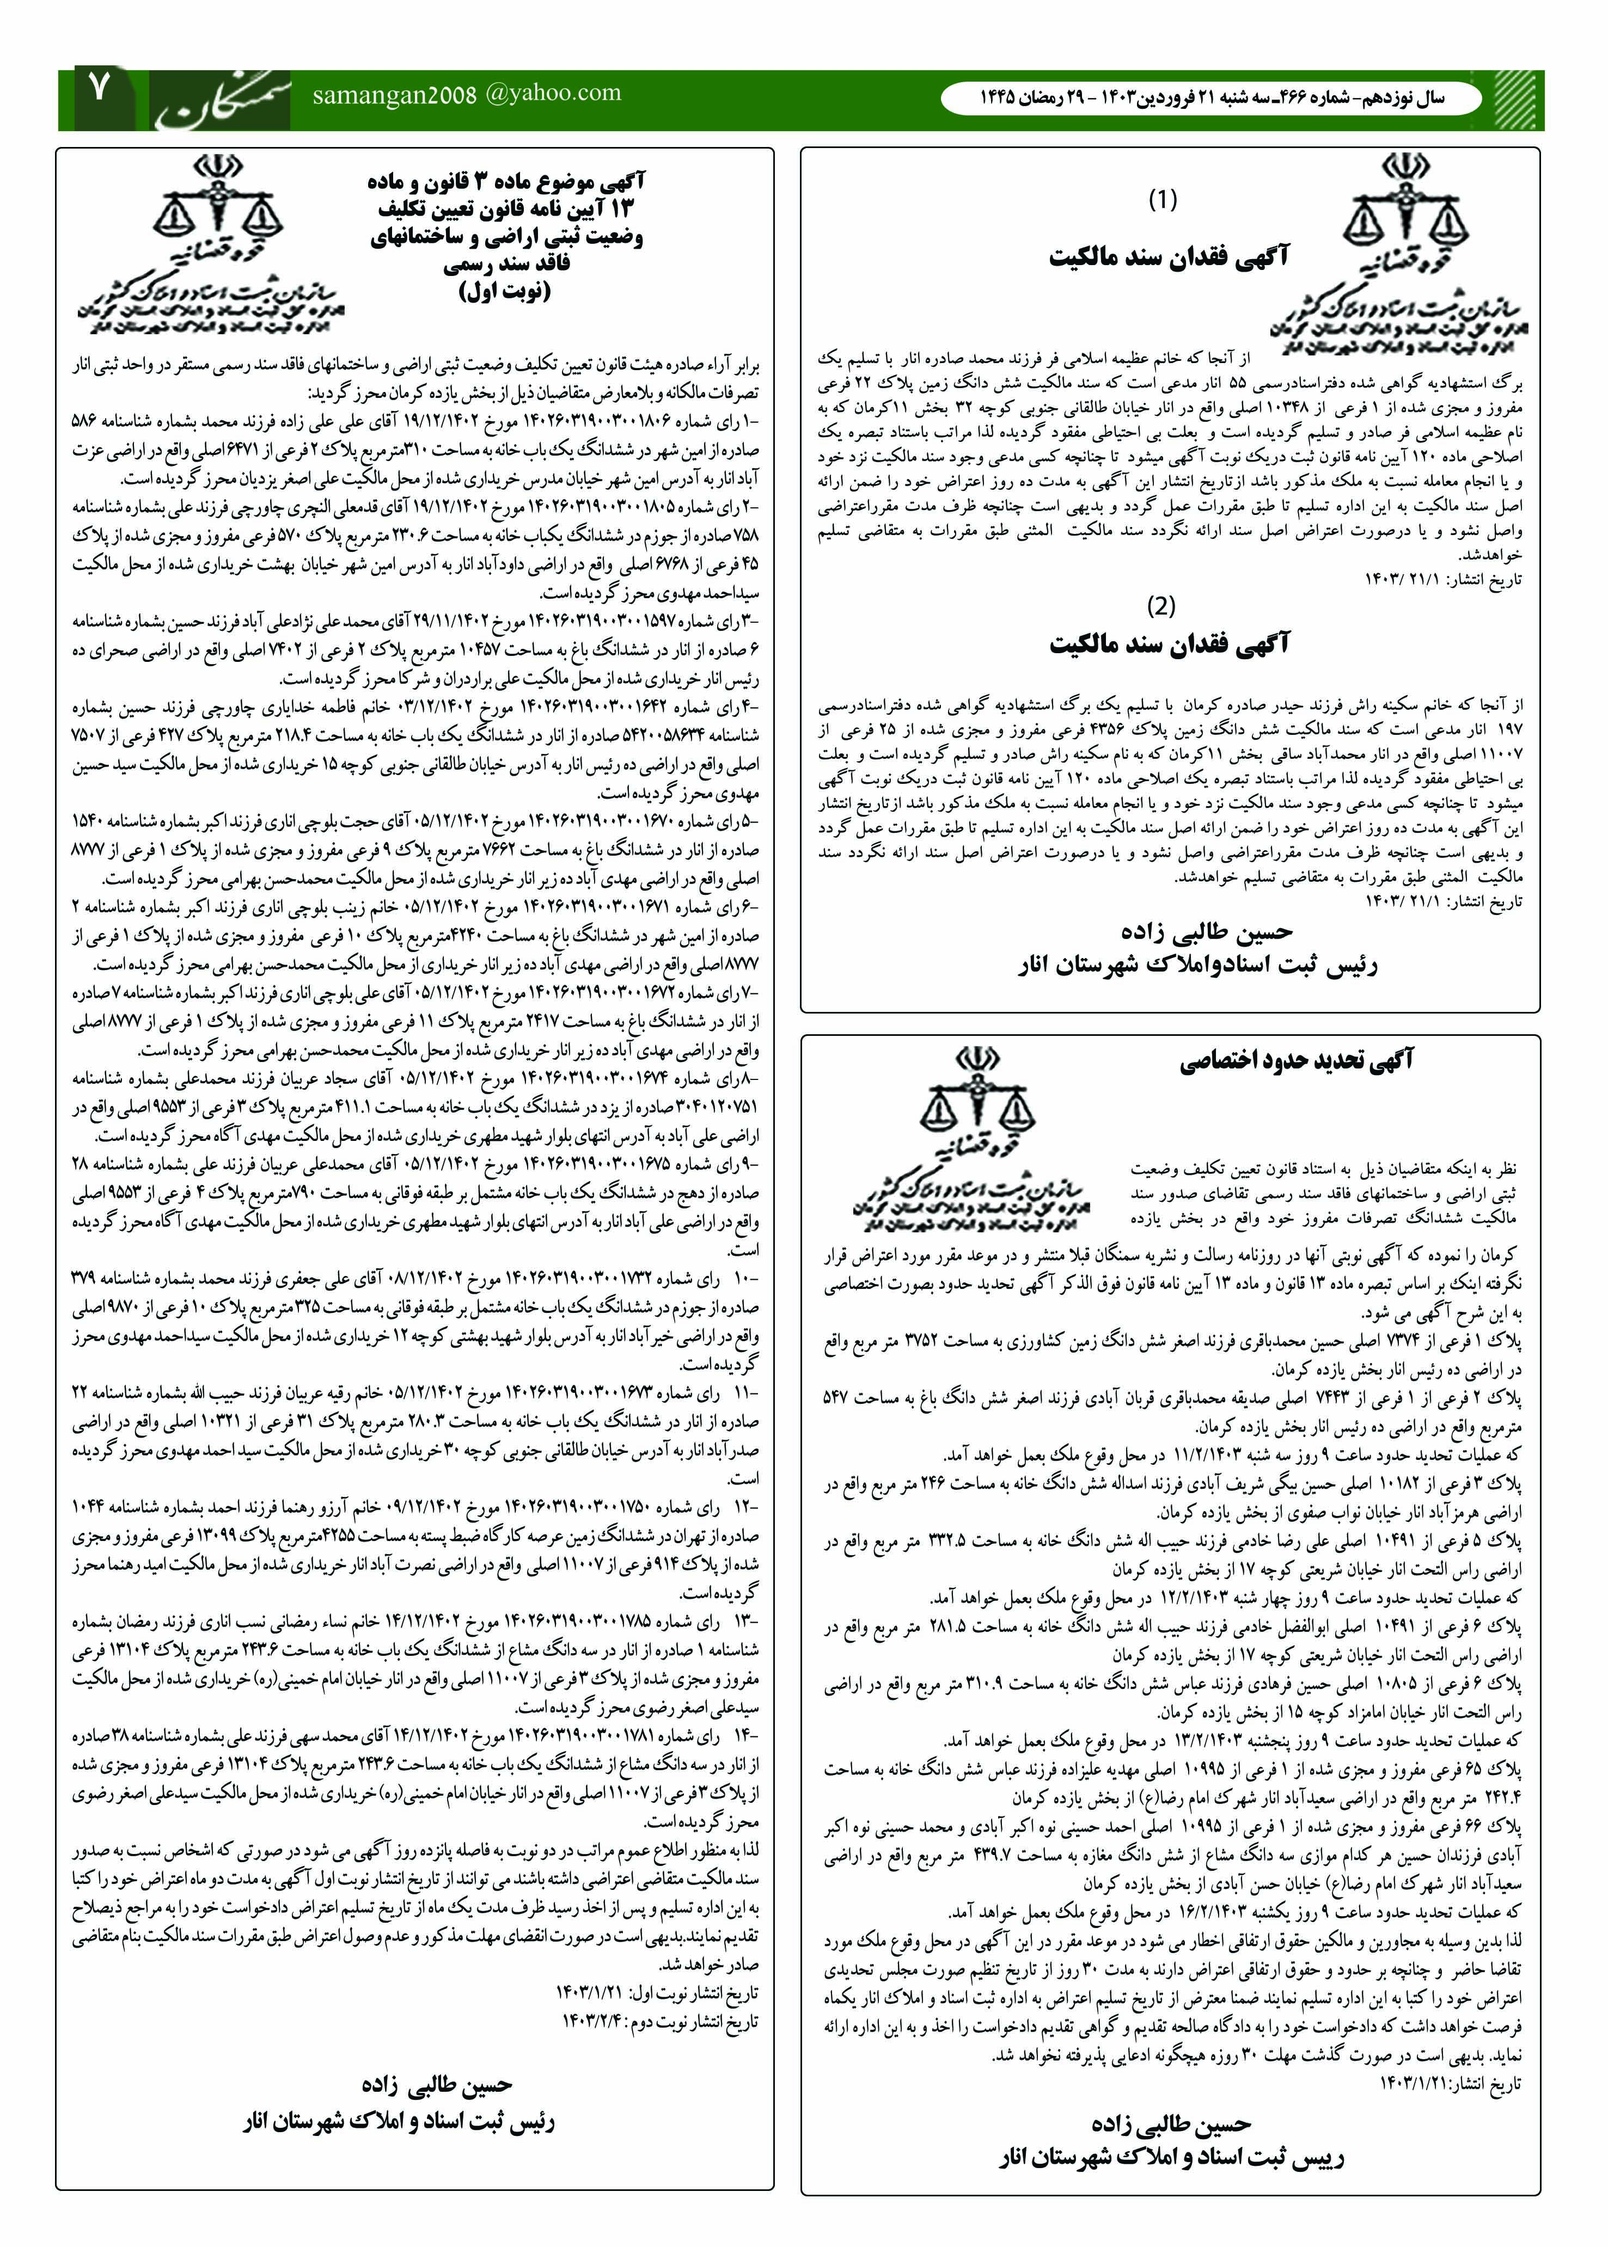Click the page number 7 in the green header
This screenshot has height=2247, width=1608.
[x=101, y=90]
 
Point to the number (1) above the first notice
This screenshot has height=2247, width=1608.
[x=1163, y=200]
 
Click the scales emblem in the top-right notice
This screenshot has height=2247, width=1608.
[x=1399, y=213]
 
